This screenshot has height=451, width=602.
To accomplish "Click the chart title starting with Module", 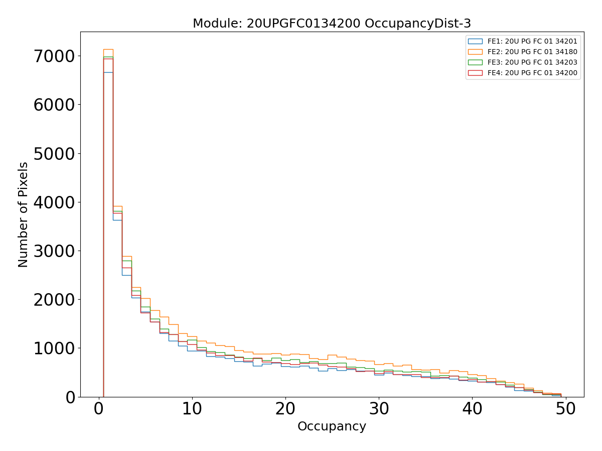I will (332, 24).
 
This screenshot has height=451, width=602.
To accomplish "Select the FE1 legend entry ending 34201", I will (532, 41).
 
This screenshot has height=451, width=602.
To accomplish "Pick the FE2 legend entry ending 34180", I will (532, 51).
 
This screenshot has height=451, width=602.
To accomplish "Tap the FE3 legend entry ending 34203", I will (532, 62).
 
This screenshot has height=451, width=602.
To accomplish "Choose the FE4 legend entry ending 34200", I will (532, 73).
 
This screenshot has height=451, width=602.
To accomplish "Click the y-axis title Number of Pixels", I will (24, 214).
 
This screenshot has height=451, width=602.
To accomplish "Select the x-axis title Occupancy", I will (332, 426).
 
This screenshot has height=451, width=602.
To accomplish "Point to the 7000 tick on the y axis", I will (54, 56).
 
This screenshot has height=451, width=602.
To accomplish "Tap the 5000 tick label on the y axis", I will (54, 153).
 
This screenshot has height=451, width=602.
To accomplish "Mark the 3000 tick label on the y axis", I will (54, 251).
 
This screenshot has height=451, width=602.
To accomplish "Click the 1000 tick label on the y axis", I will (54, 348).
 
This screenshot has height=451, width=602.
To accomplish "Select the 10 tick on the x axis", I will (192, 409).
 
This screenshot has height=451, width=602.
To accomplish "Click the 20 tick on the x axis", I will (285, 409).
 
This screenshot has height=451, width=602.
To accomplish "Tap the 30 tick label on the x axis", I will (379, 409).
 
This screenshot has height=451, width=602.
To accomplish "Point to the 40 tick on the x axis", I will (472, 409).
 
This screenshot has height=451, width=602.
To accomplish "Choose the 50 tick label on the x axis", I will (565, 409).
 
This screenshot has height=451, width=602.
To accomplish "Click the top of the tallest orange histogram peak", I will (108, 49).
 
